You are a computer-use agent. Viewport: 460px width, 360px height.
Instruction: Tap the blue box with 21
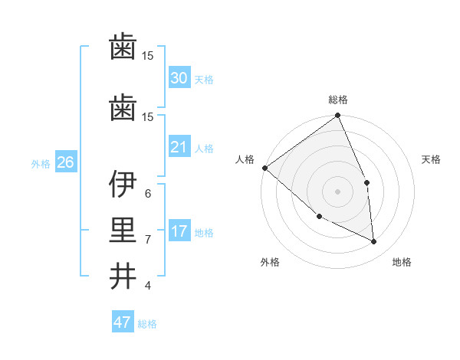point(179,147)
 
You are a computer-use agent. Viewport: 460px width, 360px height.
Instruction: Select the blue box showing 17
point(179,231)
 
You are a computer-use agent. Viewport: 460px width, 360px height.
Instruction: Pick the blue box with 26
point(65,162)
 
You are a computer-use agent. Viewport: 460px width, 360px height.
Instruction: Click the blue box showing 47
point(123,322)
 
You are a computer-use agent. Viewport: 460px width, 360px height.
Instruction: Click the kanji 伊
point(123,184)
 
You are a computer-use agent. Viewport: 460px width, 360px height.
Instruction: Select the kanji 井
point(123,276)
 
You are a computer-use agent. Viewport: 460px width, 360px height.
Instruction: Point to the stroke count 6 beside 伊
point(147,193)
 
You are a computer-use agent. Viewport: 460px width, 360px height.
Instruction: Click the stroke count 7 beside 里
point(147,239)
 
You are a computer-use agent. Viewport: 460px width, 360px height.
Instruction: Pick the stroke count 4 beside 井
point(147,286)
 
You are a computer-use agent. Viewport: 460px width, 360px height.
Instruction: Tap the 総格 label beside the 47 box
point(147,324)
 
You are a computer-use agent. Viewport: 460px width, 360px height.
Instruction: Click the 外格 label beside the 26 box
point(41,163)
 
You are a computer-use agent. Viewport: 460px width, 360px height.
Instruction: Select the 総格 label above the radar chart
point(338,100)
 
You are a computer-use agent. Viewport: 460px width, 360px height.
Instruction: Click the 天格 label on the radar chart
point(432,159)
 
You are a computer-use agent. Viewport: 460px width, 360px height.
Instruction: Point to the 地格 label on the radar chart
point(402,262)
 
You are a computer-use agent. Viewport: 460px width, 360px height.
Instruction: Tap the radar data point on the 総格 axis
point(338,116)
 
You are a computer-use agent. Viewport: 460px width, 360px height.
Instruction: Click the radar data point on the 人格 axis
point(264,168)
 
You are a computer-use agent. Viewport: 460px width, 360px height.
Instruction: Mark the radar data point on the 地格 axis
point(374,241)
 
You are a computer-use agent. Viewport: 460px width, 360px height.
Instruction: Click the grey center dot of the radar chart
point(338,191)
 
